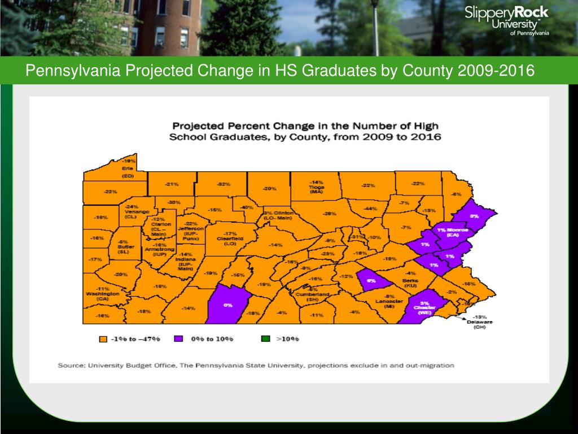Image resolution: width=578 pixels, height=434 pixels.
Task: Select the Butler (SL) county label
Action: (x=124, y=249)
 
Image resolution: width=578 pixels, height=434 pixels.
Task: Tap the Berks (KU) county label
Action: (x=410, y=283)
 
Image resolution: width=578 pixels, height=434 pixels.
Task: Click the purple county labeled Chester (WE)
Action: (x=424, y=309)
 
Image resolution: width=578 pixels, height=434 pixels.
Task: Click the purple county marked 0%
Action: (x=228, y=305)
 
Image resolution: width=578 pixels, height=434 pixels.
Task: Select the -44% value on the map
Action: (x=370, y=209)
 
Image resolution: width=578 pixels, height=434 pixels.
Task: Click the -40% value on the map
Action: (x=247, y=207)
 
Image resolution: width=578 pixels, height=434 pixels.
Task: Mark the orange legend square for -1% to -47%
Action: (x=103, y=339)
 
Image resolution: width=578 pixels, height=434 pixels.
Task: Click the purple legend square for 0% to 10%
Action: (x=178, y=339)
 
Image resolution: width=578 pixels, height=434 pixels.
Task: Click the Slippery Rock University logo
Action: (x=506, y=20)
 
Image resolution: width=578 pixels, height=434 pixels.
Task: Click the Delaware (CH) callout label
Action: (x=479, y=322)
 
